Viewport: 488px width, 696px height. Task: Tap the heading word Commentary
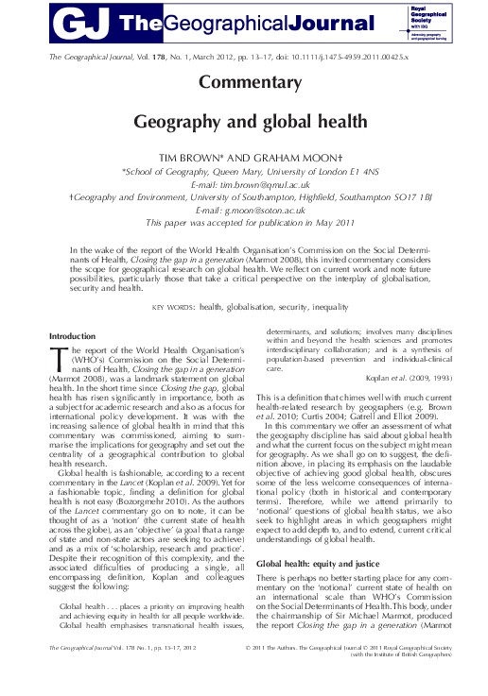(x=243, y=82)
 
